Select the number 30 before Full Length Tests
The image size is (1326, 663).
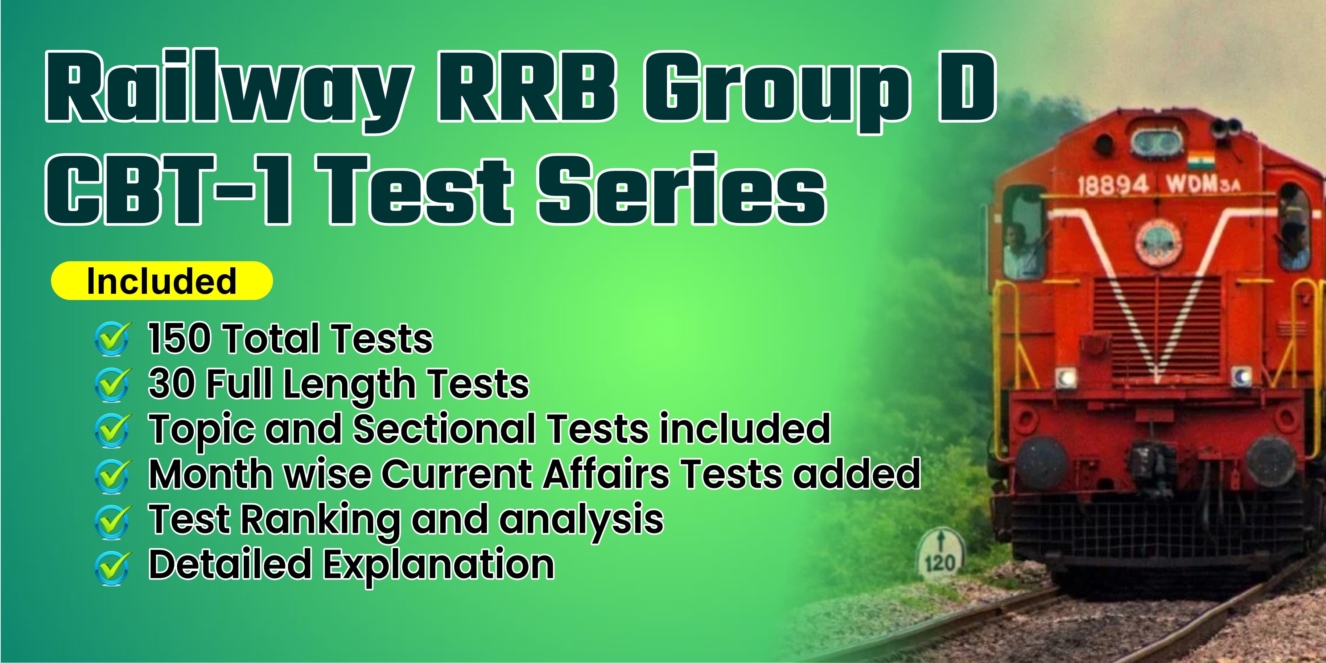click(x=172, y=383)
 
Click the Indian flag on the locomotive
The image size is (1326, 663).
click(x=1201, y=161)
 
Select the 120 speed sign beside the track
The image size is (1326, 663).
click(x=940, y=556)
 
